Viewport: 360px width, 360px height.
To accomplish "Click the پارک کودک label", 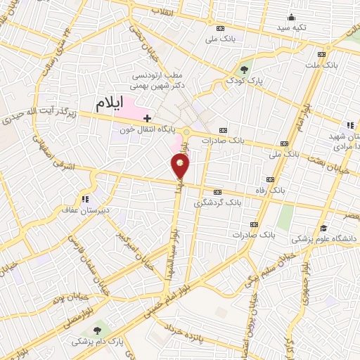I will tap(245, 81).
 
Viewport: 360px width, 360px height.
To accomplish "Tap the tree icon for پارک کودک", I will tap(244, 69).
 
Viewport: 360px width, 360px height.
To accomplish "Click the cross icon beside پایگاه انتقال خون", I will tap(147, 117).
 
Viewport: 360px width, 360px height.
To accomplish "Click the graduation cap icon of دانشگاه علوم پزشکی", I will tap(323, 228).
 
